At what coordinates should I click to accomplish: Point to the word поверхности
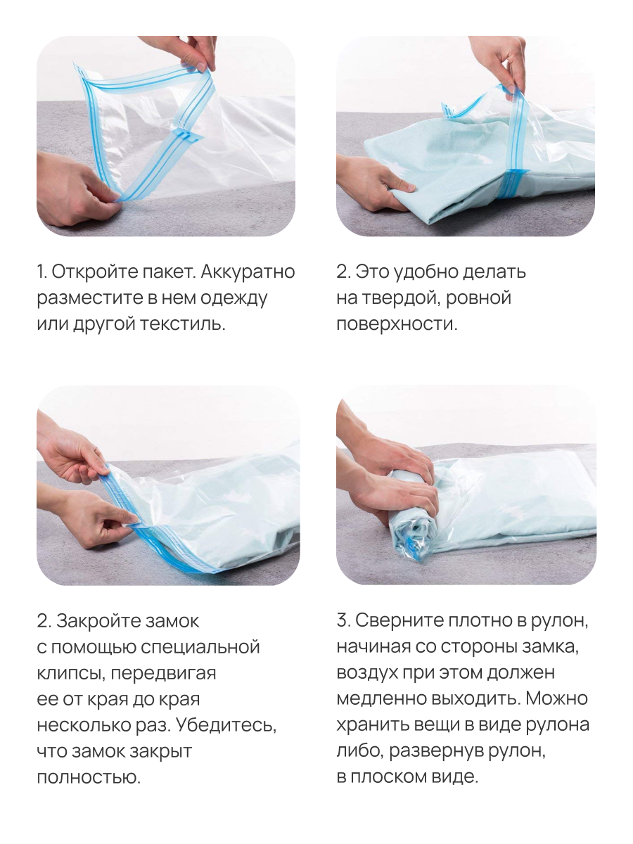(396, 325)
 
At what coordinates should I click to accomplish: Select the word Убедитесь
(226, 726)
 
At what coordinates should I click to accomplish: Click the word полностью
(87, 778)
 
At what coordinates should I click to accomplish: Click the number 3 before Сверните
(343, 622)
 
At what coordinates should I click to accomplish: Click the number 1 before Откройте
(41, 272)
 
